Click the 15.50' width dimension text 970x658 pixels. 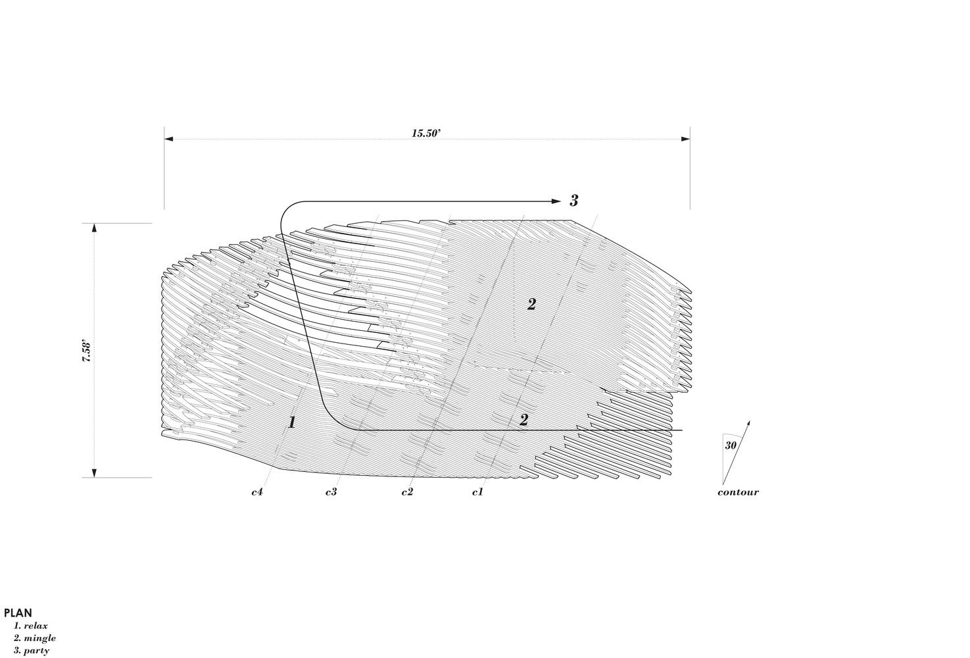pos(426,133)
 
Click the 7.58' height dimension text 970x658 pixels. pos(87,352)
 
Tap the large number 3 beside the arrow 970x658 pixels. pos(573,201)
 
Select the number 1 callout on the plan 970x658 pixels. pos(292,422)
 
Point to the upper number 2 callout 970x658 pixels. pos(532,305)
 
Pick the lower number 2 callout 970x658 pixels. pos(524,420)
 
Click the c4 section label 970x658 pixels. pos(257,492)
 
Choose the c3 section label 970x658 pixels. pos(331,492)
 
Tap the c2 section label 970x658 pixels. pos(407,492)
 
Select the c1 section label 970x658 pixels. pos(477,492)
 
